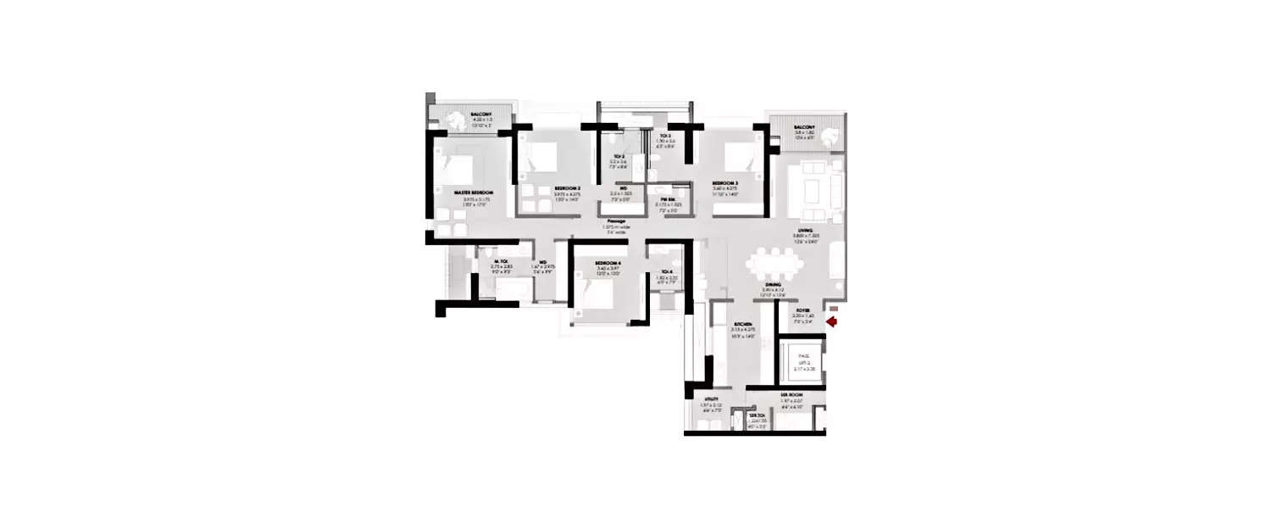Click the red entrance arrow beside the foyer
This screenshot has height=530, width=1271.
(x=832, y=321)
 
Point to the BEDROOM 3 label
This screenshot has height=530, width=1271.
(x=725, y=183)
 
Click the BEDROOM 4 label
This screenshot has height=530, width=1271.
(x=608, y=264)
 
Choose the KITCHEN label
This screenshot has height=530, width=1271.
(x=745, y=325)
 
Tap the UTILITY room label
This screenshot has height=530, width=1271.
(x=711, y=398)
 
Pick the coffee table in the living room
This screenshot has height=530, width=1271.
(x=812, y=193)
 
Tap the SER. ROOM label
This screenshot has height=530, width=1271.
(x=791, y=396)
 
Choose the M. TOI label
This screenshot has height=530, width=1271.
(x=498, y=261)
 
